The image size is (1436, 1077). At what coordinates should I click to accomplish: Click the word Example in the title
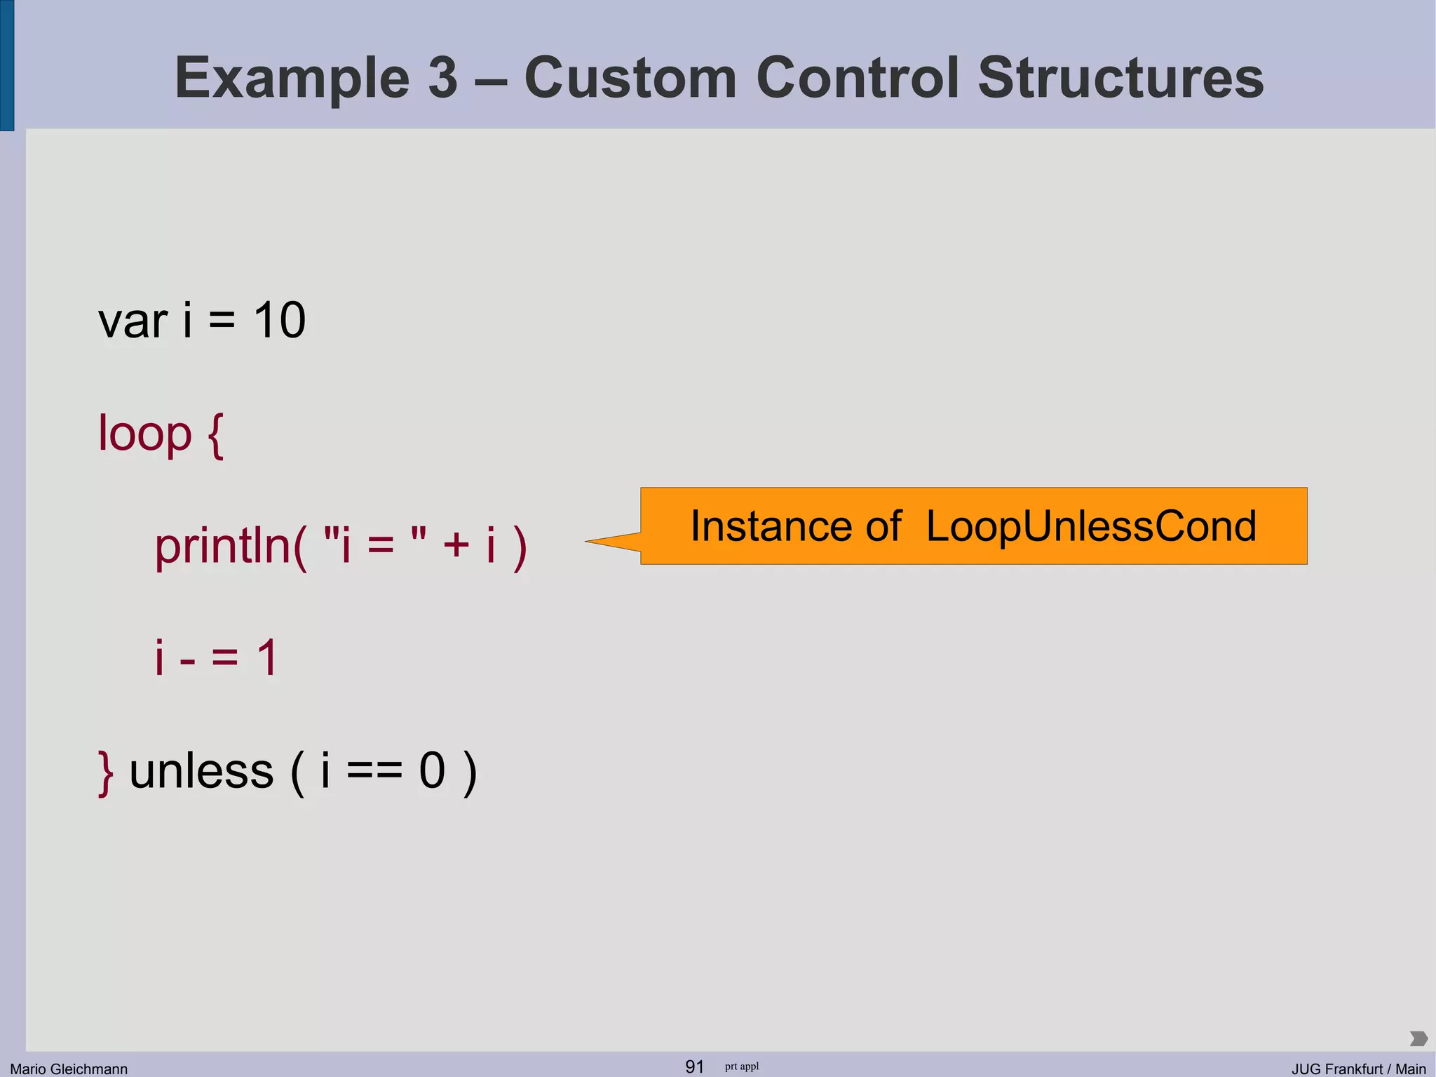tap(291, 79)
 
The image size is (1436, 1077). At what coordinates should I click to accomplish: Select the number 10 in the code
tap(279, 321)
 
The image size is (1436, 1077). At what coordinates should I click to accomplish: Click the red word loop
tap(144, 434)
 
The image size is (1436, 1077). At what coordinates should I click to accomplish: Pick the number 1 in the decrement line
tap(267, 658)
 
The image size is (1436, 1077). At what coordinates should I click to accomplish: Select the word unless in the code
tap(201, 771)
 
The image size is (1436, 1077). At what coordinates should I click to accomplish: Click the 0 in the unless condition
tap(432, 771)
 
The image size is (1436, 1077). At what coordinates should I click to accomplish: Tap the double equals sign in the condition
tap(374, 772)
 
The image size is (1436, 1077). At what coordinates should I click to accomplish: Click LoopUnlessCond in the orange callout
tap(1091, 526)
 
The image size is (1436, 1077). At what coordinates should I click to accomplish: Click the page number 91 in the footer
tap(694, 1066)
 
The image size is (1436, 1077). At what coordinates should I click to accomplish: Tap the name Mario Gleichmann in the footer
tap(69, 1069)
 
